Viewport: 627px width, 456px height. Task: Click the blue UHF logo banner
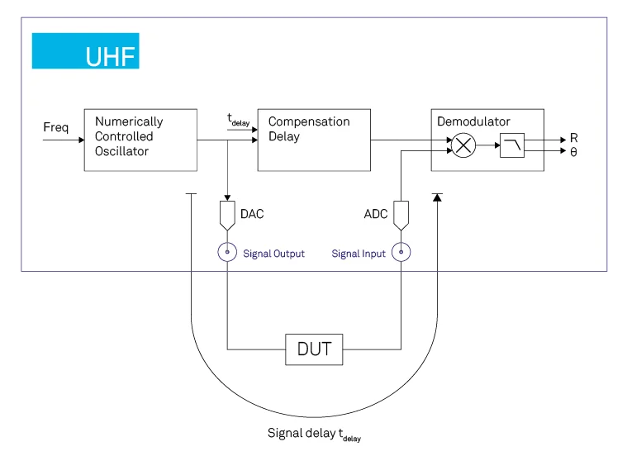[85, 51]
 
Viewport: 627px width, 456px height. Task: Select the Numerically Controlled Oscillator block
[140, 140]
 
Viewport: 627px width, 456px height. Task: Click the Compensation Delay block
[313, 140]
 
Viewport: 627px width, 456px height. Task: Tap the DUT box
[313, 349]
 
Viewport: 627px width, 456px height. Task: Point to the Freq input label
[56, 128]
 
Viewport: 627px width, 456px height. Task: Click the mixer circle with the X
[464, 146]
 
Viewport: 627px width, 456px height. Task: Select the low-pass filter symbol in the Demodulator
[511, 146]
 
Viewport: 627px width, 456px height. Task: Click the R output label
[573, 139]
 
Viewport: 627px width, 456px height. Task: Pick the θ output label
[573, 152]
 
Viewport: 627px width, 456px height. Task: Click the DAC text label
[252, 214]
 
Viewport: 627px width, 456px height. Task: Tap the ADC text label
[376, 214]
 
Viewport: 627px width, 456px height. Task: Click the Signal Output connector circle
[227, 253]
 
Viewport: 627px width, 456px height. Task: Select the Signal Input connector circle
[401, 253]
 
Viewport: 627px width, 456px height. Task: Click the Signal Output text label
[273, 254]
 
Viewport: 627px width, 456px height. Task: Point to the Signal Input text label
[359, 254]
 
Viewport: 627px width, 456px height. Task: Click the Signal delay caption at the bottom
[314, 434]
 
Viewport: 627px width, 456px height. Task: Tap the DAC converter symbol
[227, 216]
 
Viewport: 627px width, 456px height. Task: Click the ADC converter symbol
[401, 216]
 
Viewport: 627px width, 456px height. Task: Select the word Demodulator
[473, 121]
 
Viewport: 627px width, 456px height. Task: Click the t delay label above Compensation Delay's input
[238, 121]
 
